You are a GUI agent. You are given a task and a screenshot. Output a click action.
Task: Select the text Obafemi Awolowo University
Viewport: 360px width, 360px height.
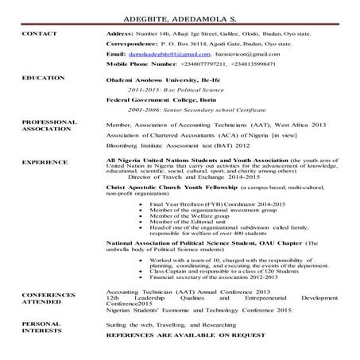[152, 81]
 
